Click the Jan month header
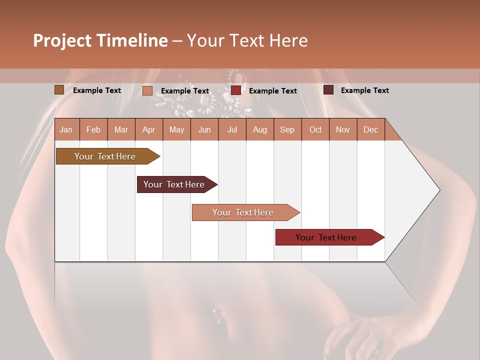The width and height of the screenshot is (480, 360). coord(66,129)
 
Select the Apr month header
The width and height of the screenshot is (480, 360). coord(148,129)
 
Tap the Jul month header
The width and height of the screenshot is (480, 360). coord(232,129)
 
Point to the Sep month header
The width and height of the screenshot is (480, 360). coord(287,129)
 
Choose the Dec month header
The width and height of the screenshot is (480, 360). coord(370,129)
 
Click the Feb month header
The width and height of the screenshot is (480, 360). coord(93,129)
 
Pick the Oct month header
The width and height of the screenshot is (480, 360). coord(315,129)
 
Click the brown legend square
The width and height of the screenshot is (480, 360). coord(59,90)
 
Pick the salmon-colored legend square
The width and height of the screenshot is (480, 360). coord(147,90)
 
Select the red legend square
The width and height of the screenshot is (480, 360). coord(235,90)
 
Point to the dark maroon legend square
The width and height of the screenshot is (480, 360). coord(328,90)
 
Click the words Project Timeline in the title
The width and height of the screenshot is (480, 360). coord(100,40)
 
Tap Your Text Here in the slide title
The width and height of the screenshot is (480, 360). coord(247,40)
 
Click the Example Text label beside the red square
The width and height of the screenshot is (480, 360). coord(272,90)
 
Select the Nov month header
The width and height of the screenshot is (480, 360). coord(343,129)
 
